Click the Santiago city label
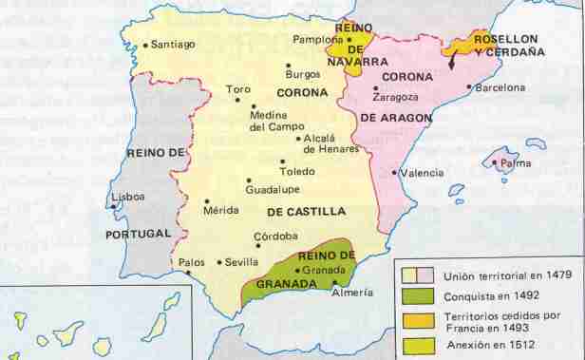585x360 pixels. (172, 44)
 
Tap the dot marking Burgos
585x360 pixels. (289, 65)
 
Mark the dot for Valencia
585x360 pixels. (394, 173)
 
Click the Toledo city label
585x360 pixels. (296, 171)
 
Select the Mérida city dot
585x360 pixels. (207, 201)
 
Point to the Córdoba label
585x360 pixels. (276, 236)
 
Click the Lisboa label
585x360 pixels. (128, 197)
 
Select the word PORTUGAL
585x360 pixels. (139, 233)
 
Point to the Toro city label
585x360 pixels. (238, 89)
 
